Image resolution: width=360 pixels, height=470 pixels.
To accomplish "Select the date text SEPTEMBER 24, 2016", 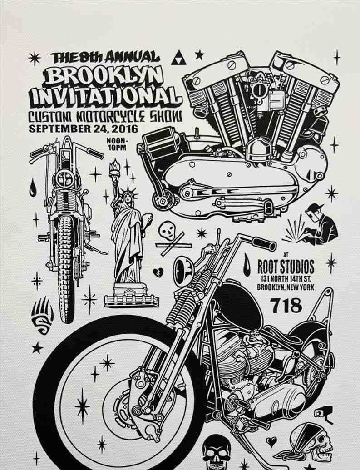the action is coord(84,128).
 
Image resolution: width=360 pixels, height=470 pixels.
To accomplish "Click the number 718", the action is coord(286,306).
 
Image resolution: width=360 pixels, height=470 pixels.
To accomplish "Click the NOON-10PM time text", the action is coord(117,144).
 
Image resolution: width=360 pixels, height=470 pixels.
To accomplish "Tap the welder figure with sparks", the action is coord(318,225).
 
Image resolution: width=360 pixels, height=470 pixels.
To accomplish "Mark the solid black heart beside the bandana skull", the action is coord(271,440).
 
